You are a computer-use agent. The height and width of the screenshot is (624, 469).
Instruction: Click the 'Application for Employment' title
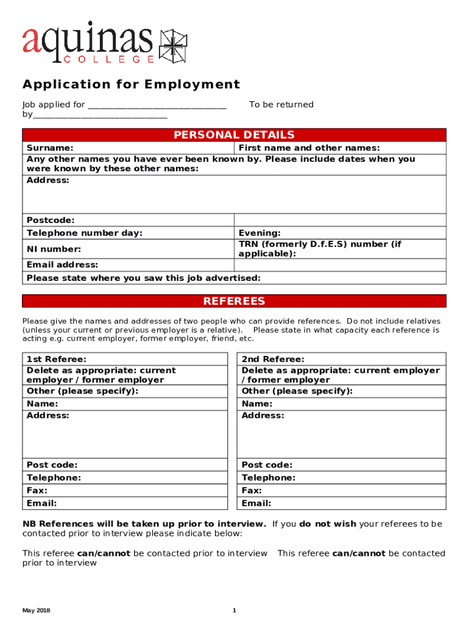pyautogui.click(x=131, y=84)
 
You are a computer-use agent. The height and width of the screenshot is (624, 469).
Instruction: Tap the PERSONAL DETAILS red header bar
pyautogui.click(x=234, y=135)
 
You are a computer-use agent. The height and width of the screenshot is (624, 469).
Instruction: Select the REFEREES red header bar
pyautogui.click(x=234, y=301)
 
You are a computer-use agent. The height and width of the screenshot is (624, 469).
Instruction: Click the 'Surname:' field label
pyautogui.click(x=50, y=148)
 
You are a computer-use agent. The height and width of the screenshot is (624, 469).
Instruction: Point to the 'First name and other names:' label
pyautogui.click(x=309, y=148)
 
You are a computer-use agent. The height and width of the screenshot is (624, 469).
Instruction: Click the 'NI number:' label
pyautogui.click(x=54, y=249)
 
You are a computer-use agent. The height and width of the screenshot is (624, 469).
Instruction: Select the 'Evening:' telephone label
pyautogui.click(x=259, y=233)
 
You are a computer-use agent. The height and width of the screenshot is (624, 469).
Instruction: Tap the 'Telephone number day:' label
pyautogui.click(x=84, y=233)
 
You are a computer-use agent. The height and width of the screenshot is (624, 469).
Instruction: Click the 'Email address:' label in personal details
pyautogui.click(x=62, y=264)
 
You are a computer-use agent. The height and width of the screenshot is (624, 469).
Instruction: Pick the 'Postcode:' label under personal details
pyautogui.click(x=51, y=220)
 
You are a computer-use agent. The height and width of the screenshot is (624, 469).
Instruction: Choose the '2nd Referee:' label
pyautogui.click(x=273, y=360)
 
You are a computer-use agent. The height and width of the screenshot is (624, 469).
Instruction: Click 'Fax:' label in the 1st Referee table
pyautogui.click(x=37, y=491)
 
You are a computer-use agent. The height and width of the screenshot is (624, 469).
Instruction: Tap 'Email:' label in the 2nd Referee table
pyautogui.click(x=256, y=503)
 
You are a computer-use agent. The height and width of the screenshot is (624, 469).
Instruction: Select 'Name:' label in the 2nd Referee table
pyautogui.click(x=257, y=404)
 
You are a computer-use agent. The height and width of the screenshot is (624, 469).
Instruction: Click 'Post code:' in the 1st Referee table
pyautogui.click(x=52, y=465)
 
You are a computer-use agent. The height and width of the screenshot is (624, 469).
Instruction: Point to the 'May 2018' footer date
pyautogui.click(x=36, y=611)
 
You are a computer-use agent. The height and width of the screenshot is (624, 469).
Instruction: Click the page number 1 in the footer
pyautogui.click(x=234, y=611)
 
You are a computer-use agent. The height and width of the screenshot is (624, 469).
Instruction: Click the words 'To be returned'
pyautogui.click(x=281, y=105)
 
